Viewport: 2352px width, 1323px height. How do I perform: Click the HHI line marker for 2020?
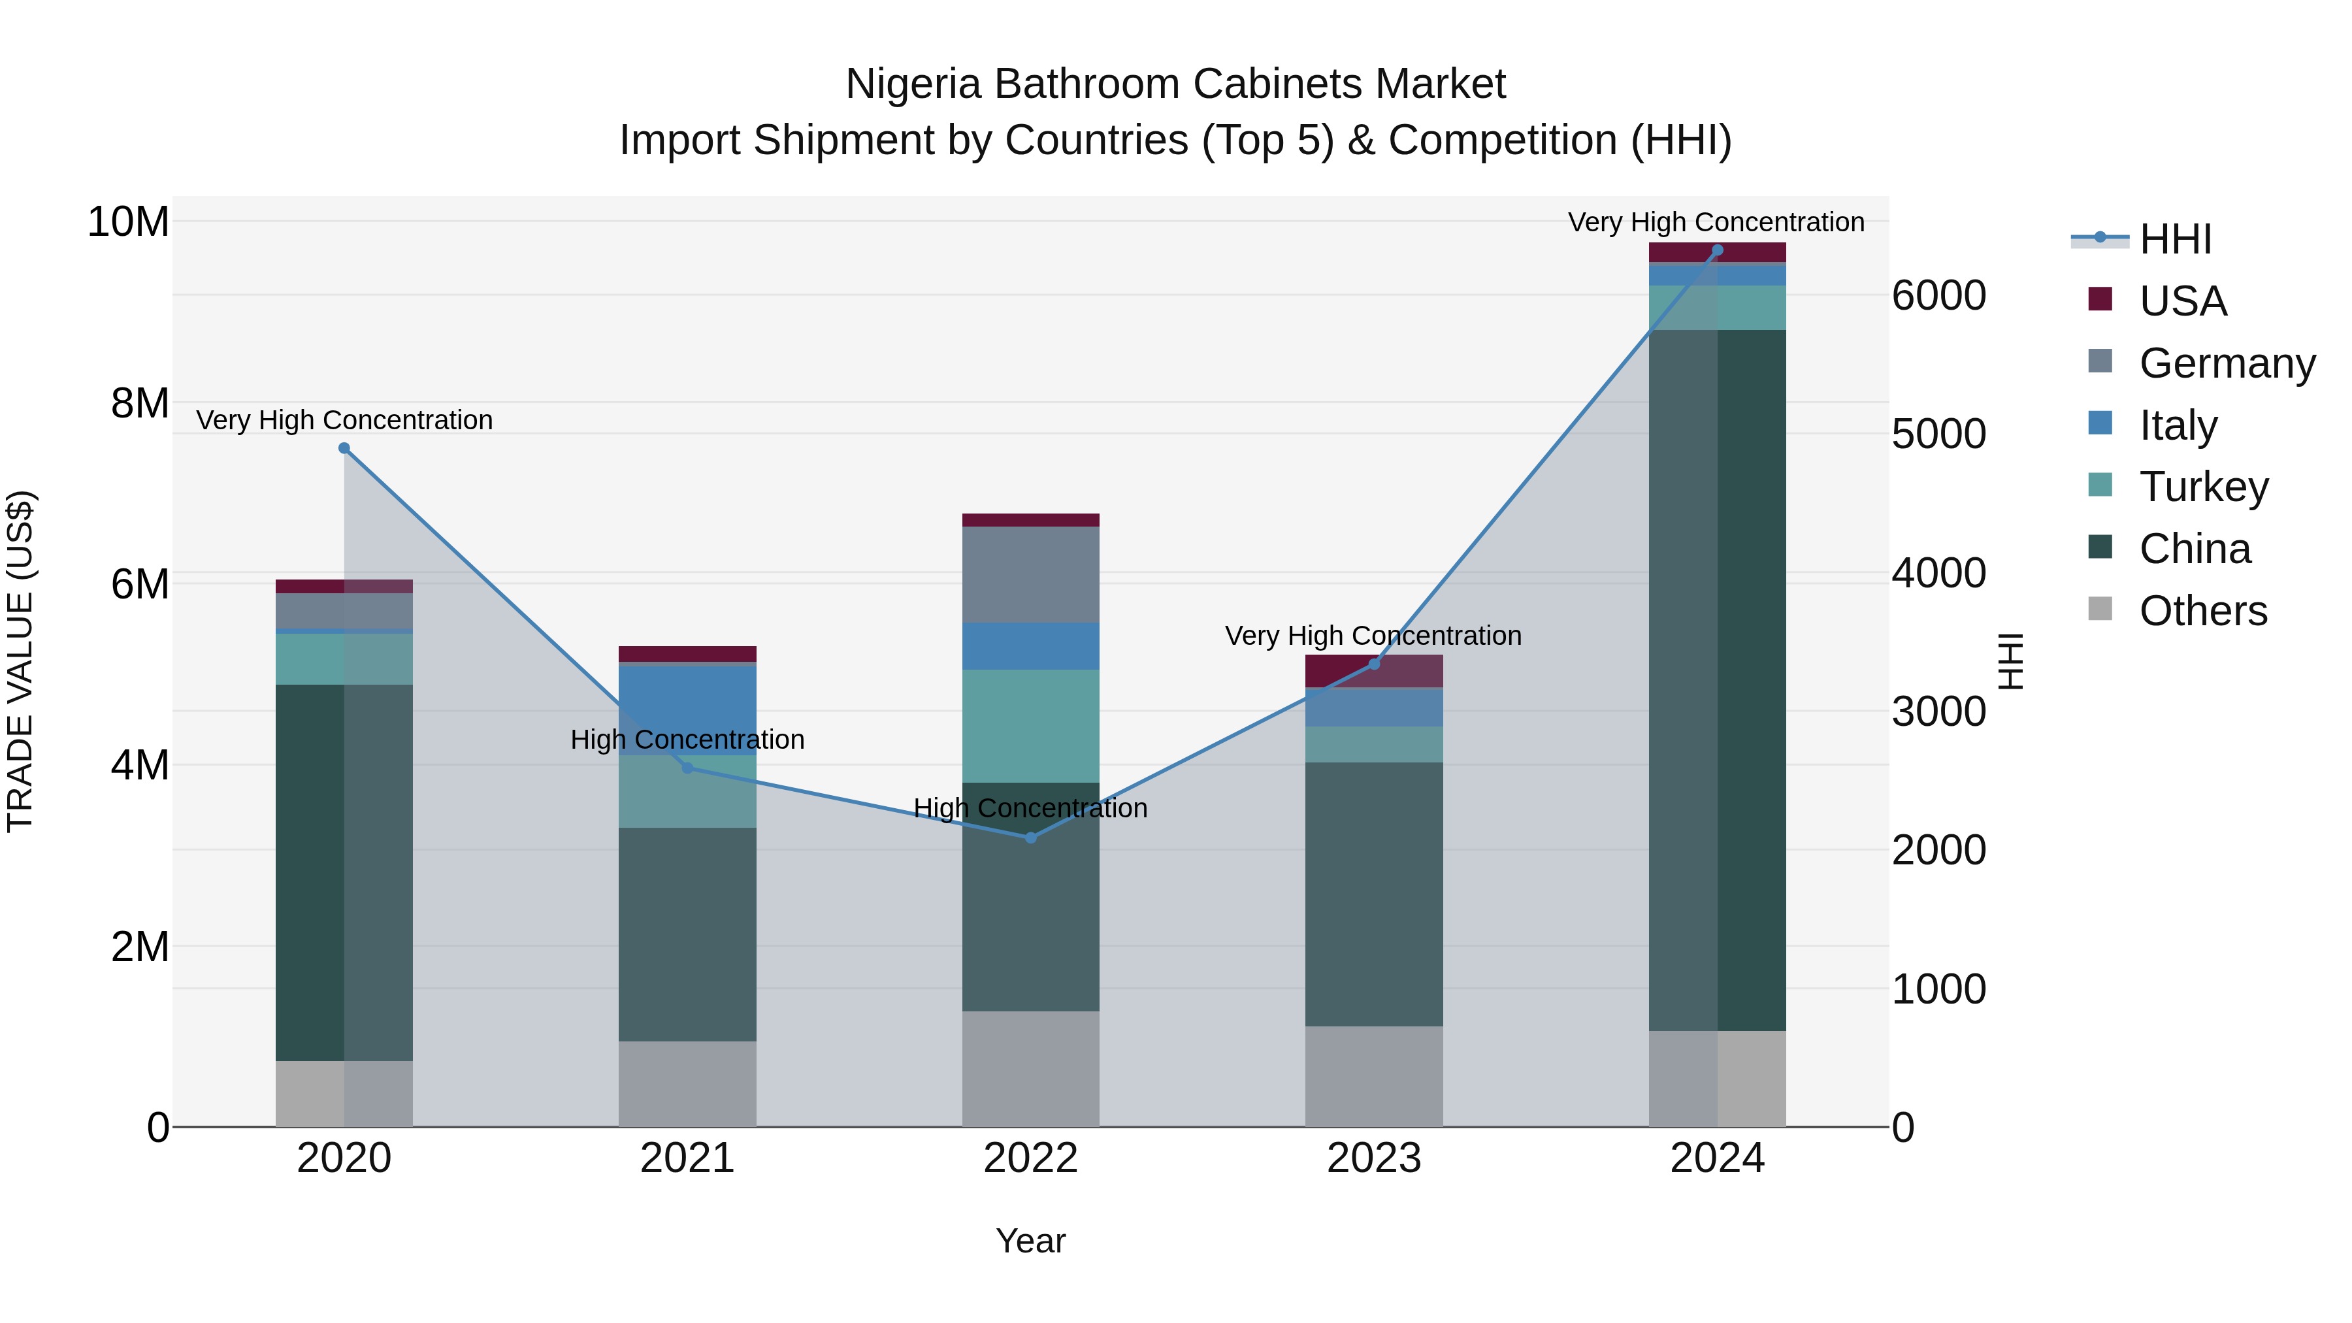pos(344,448)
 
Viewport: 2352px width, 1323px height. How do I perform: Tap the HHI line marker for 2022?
pos(1031,838)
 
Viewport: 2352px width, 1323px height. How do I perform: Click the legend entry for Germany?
pos(2226,363)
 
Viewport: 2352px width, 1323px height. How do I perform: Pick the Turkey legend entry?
pos(2202,487)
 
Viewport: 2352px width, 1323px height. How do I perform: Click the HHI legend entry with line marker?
pos(2174,239)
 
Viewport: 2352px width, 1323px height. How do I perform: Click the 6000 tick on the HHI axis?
pos(1938,296)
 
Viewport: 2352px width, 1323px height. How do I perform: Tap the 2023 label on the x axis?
pos(1373,1158)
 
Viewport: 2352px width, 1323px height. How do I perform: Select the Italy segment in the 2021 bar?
pos(687,710)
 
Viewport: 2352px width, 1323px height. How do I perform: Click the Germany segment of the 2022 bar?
pos(1031,574)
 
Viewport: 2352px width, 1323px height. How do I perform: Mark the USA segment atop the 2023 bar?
pos(1373,671)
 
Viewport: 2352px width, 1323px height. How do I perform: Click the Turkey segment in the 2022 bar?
pos(1031,726)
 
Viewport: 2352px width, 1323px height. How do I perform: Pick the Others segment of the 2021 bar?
pos(687,1084)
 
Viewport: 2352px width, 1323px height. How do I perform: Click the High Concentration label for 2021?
pos(687,740)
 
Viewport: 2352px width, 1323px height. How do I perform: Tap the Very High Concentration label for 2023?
pos(1373,636)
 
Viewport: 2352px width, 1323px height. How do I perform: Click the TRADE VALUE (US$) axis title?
pos(21,661)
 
